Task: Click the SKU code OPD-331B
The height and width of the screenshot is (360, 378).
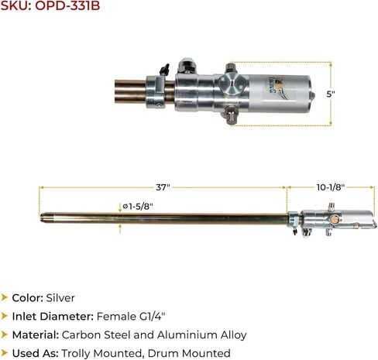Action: (x=67, y=8)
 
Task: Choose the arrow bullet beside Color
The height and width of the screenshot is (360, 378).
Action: (x=5, y=297)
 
